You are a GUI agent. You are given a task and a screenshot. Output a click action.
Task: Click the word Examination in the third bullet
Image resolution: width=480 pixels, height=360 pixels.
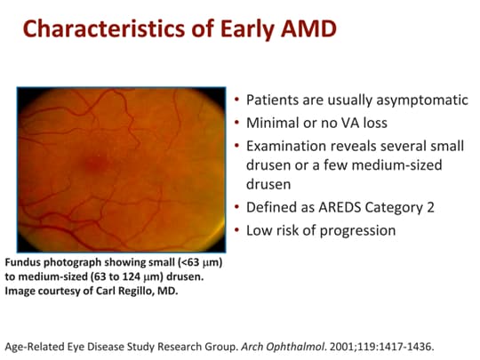(x=285, y=145)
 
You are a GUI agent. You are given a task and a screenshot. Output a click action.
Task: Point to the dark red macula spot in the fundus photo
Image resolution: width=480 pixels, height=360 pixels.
(x=91, y=163)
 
